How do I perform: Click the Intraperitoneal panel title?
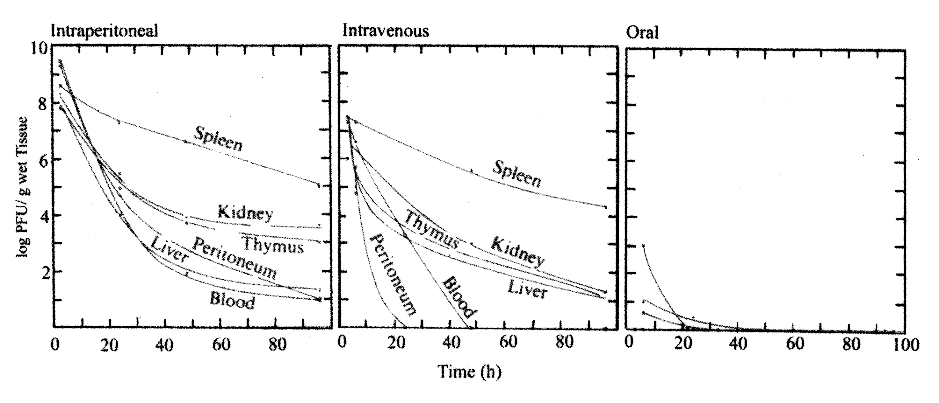(x=104, y=31)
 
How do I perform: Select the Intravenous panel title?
(x=386, y=31)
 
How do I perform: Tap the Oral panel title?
(x=642, y=33)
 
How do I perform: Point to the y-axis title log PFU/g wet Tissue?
(x=23, y=187)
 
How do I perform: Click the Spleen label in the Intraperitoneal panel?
(x=218, y=139)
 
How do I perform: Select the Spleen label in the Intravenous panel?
(x=517, y=174)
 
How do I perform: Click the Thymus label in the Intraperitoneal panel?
(x=273, y=245)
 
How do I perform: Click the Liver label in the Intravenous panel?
(x=527, y=289)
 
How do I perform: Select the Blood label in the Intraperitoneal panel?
(x=232, y=301)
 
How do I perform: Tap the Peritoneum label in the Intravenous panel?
(x=392, y=274)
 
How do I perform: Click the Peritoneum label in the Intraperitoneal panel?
(x=234, y=257)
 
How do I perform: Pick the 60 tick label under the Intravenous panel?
(x=508, y=342)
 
